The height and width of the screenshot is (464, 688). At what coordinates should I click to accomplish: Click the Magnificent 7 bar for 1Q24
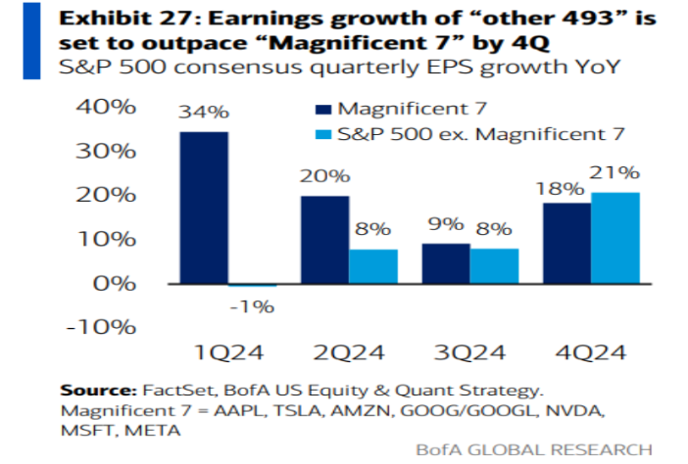tap(204, 208)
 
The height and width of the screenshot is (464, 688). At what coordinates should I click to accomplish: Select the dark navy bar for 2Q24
tap(325, 240)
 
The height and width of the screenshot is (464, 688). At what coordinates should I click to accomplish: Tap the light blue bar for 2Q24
tap(373, 266)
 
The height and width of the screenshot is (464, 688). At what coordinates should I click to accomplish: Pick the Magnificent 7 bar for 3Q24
tap(446, 263)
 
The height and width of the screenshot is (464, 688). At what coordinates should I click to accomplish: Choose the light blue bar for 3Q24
tap(495, 266)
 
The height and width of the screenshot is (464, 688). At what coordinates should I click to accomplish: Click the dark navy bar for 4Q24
tap(567, 243)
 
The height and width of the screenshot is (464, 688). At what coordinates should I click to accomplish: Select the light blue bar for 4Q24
tap(615, 238)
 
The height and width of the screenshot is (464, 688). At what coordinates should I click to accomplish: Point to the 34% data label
tap(204, 112)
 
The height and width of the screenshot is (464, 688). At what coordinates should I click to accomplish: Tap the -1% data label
tap(252, 306)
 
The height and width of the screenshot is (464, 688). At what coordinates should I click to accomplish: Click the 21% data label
tap(614, 172)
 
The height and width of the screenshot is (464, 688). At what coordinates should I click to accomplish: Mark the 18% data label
tap(561, 188)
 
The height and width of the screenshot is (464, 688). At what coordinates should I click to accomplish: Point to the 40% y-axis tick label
tap(106, 107)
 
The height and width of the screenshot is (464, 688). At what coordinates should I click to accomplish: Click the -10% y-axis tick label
tap(101, 327)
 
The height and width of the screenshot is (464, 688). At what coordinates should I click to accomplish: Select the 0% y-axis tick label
tap(115, 284)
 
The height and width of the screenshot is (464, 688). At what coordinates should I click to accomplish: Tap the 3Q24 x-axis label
tap(469, 352)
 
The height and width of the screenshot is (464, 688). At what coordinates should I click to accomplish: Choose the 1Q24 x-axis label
tap(229, 352)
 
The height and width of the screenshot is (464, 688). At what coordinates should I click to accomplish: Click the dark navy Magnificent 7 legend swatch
tap(323, 109)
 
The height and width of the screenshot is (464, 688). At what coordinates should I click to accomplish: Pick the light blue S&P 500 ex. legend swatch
tap(323, 134)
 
